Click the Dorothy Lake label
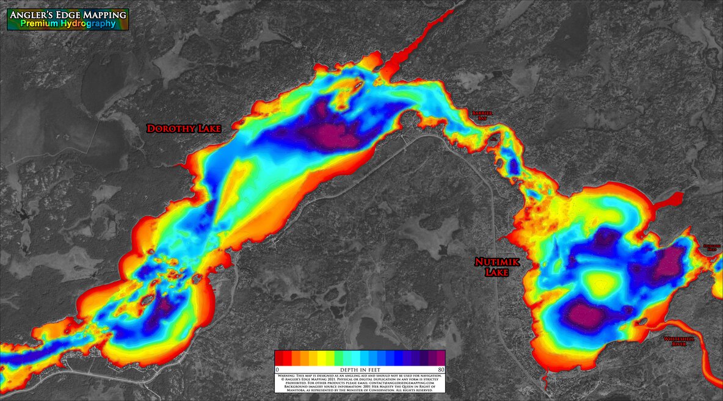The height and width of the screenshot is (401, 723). [x=184, y=129]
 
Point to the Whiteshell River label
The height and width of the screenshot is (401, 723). [x=679, y=341]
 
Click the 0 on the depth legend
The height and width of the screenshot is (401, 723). [x=277, y=369]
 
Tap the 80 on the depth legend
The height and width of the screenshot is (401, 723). [x=440, y=369]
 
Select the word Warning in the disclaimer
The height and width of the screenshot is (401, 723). [x=288, y=375]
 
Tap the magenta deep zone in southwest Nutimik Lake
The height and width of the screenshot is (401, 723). [x=584, y=315]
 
